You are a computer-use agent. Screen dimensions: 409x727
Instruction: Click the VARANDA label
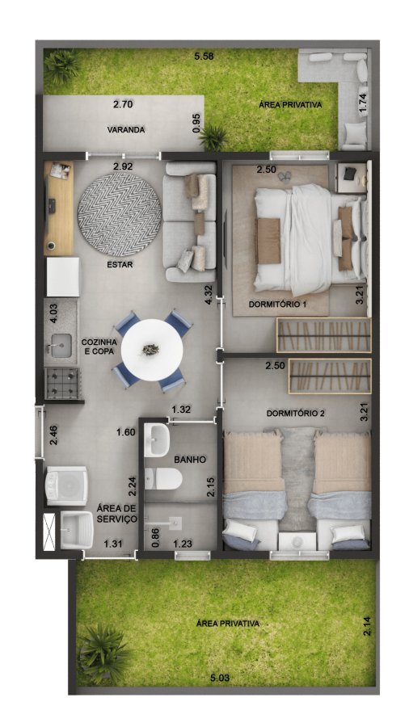click(x=126, y=130)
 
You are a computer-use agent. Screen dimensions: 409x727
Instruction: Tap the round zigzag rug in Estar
click(x=119, y=214)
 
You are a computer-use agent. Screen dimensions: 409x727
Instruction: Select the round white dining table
click(x=152, y=350)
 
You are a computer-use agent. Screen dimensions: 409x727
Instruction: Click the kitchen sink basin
click(x=61, y=346)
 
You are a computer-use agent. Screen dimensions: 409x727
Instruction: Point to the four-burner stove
click(x=62, y=383)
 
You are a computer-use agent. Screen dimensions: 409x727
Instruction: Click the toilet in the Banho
click(x=162, y=478)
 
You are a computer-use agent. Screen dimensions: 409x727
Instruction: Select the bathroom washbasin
click(x=157, y=440)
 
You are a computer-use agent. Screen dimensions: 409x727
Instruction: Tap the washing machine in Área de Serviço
click(x=66, y=485)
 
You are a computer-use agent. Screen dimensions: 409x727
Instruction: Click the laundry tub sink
click(x=77, y=530)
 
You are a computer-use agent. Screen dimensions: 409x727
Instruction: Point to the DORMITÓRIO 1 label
click(x=277, y=305)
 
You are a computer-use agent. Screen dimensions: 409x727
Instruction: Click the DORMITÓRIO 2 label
click(x=295, y=413)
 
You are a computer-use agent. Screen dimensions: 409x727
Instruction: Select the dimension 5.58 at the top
click(x=204, y=57)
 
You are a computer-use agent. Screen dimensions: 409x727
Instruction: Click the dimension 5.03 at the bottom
click(x=220, y=678)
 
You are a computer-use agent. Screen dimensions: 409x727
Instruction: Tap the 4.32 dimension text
click(x=209, y=296)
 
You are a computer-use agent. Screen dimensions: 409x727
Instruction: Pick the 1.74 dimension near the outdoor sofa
click(x=363, y=103)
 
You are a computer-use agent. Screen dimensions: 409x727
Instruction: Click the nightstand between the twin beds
click(x=297, y=541)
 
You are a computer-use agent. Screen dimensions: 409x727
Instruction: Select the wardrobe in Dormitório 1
click(x=323, y=334)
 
